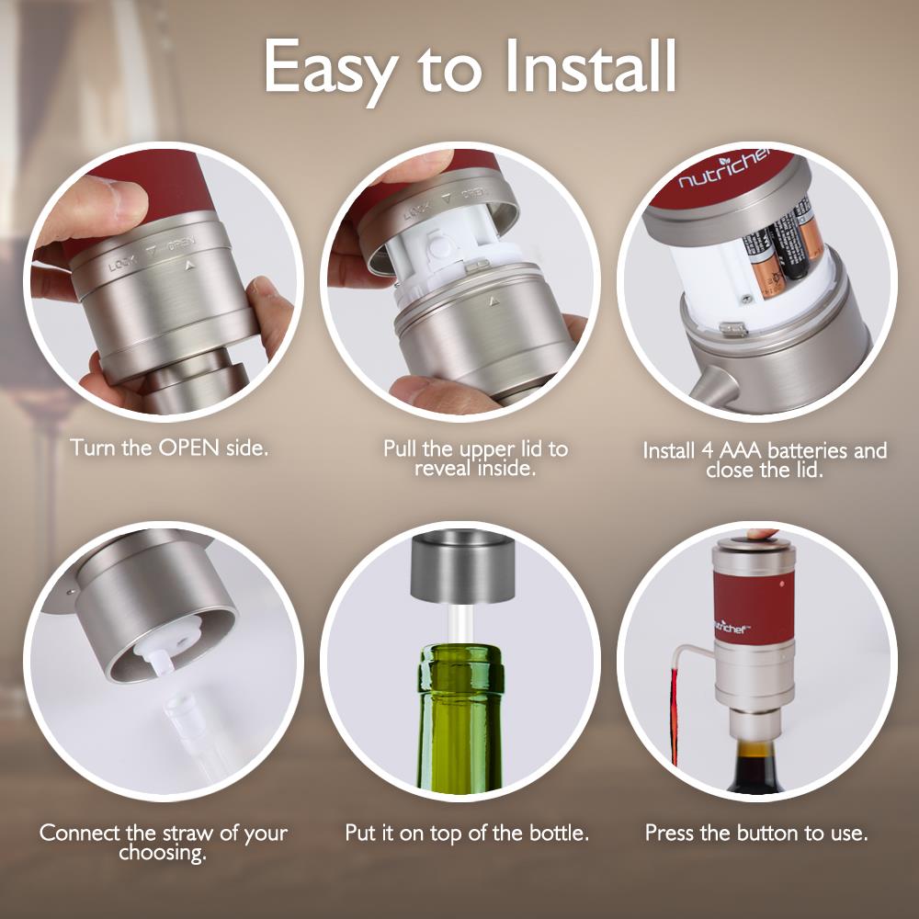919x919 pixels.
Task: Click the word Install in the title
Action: pos(583,66)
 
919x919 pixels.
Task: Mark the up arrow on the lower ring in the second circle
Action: pos(494,301)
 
